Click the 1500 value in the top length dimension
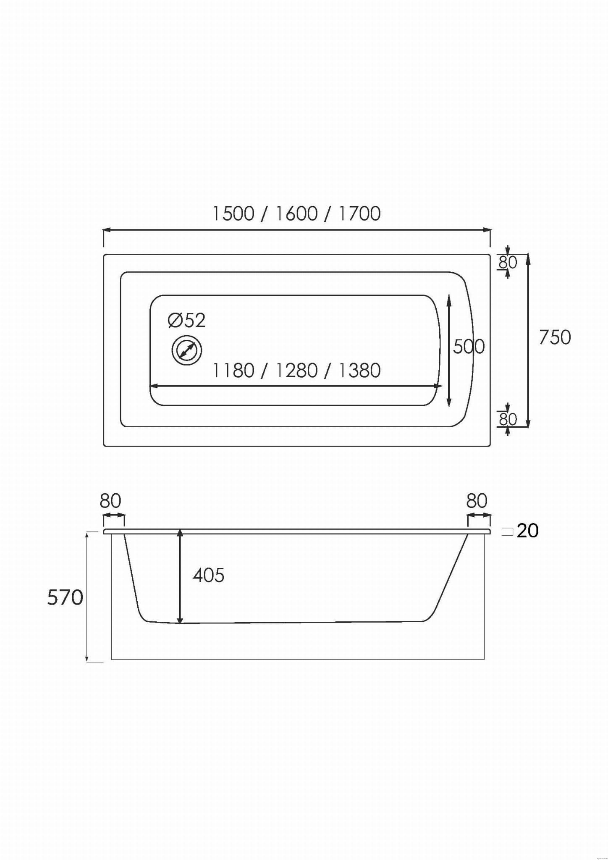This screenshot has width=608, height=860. coord(233,213)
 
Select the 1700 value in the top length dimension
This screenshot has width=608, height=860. coord(359,213)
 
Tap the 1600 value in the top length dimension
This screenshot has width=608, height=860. coord(296,213)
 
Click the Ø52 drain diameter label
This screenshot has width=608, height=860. coord(187,321)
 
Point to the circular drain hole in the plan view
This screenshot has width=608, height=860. coord(187,350)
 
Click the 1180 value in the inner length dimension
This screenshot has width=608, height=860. coord(233,371)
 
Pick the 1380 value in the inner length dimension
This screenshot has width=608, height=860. coord(359,371)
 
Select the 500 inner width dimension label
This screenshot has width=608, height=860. coord(469,347)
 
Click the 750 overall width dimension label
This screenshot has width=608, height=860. coord(555,337)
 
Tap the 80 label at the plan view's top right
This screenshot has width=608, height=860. coord(508,262)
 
